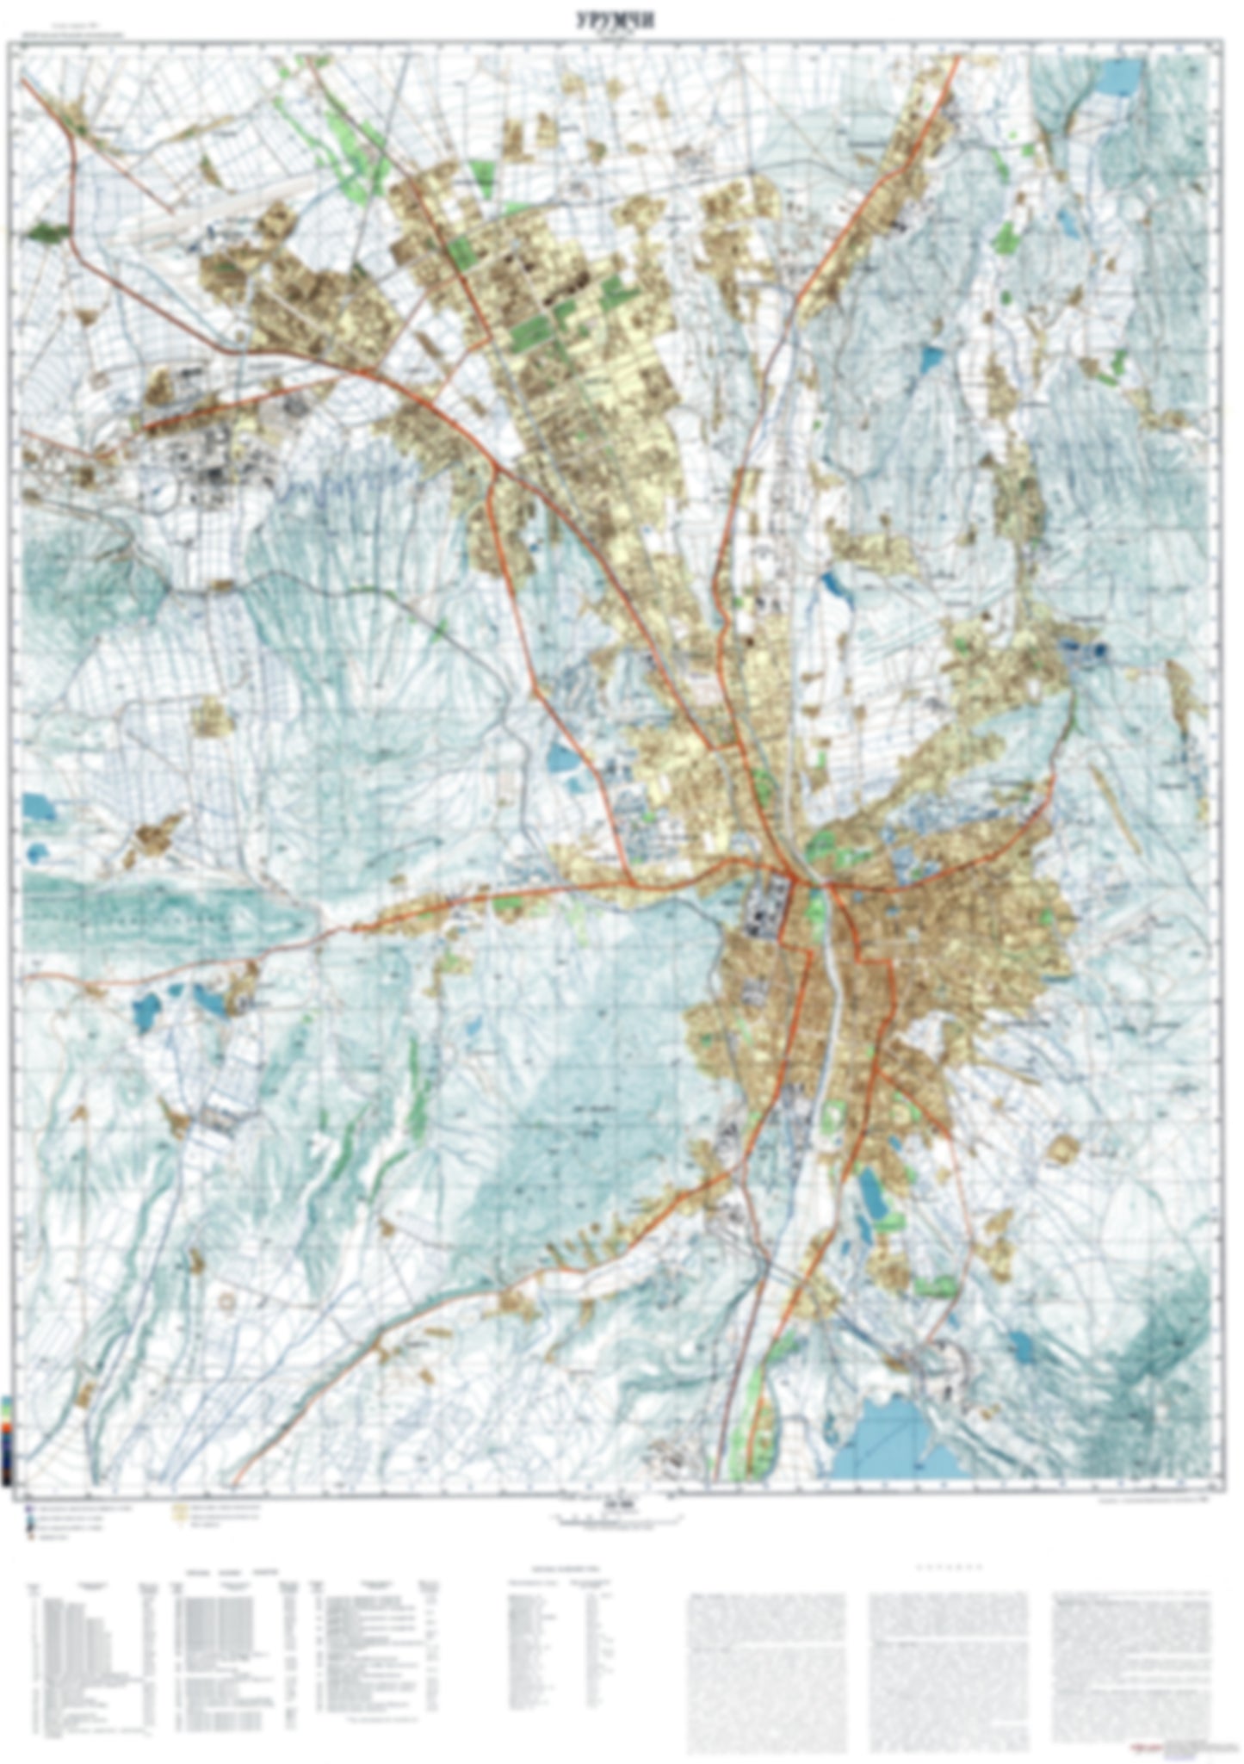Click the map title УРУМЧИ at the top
pos(615,22)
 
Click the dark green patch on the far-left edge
pos(46,231)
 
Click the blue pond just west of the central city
pos(564,758)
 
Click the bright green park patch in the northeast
pos(1004,237)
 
